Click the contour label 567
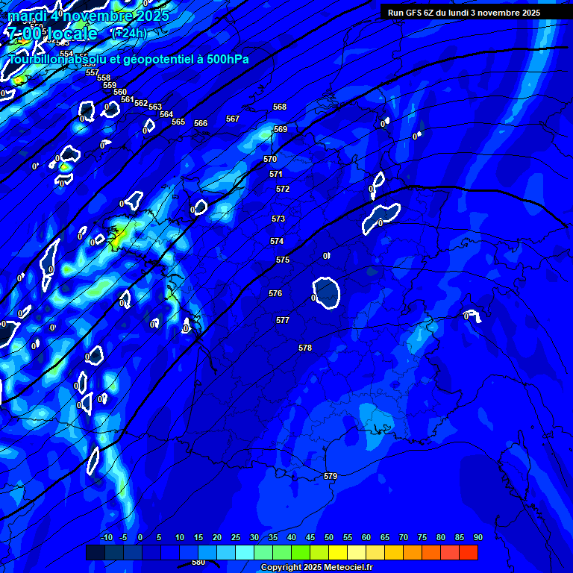point(233,119)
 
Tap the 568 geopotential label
point(280,107)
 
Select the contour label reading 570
point(270,159)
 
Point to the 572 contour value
point(283,189)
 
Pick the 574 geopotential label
point(277,241)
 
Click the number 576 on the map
point(275,293)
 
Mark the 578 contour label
point(305,348)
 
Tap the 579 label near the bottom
point(331,476)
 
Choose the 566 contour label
point(201,123)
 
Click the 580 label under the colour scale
point(198,563)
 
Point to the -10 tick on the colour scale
point(106,537)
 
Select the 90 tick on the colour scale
point(478,537)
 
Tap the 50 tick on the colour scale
point(329,537)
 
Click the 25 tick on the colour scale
point(236,537)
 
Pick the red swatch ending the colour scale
point(469,552)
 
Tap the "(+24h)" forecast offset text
point(129,33)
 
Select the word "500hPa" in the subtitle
point(224,59)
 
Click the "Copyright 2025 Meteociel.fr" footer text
point(316,567)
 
